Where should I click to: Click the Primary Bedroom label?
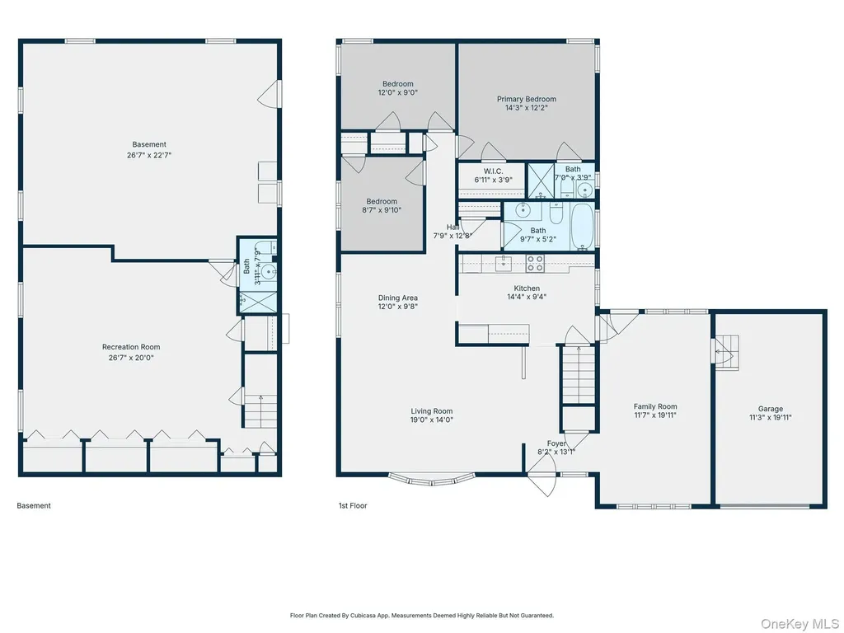tap(526, 99)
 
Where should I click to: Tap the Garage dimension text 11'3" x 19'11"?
tap(771, 417)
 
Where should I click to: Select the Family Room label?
tap(655, 407)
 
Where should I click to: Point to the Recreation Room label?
tap(131, 347)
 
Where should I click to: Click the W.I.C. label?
tap(493, 171)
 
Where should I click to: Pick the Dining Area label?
tap(398, 298)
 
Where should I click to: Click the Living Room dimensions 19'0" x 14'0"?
tap(432, 420)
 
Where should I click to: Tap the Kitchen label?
tap(527, 288)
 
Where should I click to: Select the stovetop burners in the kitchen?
tap(535, 263)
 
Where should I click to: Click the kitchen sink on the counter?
tap(504, 263)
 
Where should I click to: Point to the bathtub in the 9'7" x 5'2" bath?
tap(582, 226)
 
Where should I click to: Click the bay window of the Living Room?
tap(432, 480)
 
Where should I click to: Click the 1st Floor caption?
tap(353, 506)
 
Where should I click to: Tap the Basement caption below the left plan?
tap(34, 506)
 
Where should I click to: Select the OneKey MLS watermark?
tap(799, 624)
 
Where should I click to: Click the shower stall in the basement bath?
tap(258, 302)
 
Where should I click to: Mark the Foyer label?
tap(556, 443)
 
